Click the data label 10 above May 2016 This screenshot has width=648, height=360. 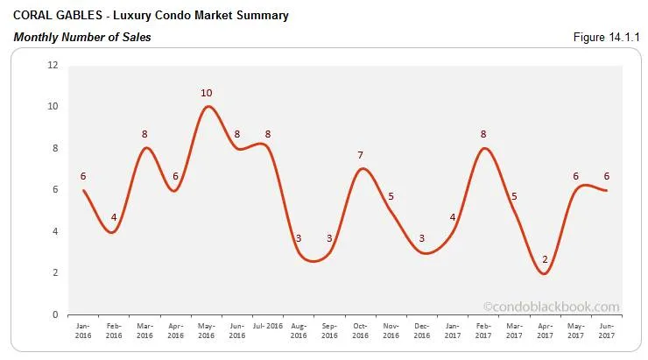[207, 93]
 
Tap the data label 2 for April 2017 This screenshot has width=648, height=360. [545, 259]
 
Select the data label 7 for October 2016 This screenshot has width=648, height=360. [360, 155]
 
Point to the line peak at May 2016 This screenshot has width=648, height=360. [207, 107]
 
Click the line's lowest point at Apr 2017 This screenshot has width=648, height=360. [546, 273]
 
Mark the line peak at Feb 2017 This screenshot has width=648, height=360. [484, 148]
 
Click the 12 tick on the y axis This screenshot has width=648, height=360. [53, 65]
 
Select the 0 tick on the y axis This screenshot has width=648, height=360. [54, 314]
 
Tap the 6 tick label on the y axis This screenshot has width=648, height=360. [54, 190]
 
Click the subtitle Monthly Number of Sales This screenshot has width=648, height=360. [81, 37]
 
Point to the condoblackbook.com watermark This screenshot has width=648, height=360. [551, 307]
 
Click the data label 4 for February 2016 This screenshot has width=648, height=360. [115, 217]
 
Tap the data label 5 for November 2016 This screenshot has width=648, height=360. [391, 196]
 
